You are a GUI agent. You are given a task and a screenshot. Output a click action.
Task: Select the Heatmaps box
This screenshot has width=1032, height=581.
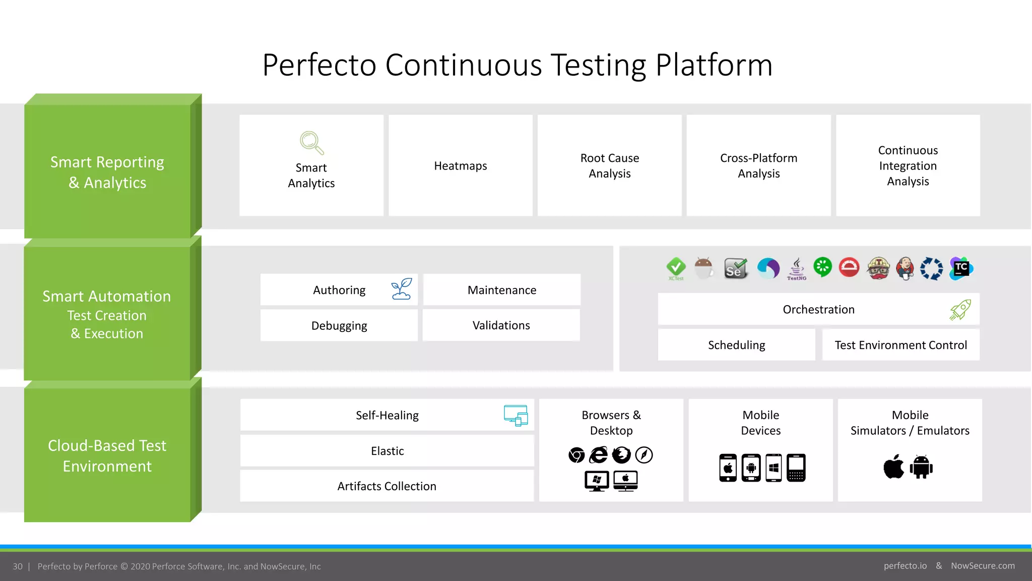point(461,166)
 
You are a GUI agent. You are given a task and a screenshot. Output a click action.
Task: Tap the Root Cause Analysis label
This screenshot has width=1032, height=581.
point(609,166)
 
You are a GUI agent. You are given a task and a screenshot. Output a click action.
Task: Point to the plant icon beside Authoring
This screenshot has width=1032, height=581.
point(402,289)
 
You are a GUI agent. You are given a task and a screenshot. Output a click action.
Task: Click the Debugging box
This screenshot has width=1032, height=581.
point(339,326)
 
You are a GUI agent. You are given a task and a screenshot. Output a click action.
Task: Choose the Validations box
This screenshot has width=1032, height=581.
point(501,326)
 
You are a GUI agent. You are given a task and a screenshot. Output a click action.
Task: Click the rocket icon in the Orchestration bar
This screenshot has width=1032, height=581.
point(960,309)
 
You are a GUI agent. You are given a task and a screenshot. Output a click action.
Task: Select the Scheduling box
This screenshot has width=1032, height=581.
point(736,345)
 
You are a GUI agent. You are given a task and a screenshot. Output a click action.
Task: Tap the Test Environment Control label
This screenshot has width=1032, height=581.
point(900,345)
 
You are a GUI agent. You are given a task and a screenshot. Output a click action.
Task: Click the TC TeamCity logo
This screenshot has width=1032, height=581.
point(961,268)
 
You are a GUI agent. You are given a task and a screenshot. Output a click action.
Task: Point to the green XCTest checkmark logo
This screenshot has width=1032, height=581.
point(676,268)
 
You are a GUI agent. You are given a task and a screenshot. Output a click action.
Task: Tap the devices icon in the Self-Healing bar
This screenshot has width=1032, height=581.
point(516,416)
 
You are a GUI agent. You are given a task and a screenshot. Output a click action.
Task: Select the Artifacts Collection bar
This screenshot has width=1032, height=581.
point(386,486)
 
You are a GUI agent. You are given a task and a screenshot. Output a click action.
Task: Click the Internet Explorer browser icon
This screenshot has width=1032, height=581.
point(599,455)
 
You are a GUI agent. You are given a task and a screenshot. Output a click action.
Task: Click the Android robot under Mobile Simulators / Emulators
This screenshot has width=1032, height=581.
point(921,467)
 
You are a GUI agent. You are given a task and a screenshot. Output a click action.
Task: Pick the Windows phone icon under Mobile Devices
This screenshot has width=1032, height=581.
point(773,468)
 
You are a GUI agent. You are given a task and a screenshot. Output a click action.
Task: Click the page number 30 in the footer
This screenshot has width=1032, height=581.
point(18,566)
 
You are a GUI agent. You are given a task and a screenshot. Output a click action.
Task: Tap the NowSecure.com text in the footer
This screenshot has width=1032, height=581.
point(983,566)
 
